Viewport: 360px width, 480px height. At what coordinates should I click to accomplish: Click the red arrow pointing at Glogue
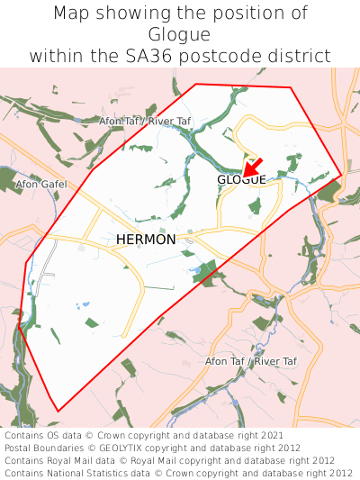[252, 166]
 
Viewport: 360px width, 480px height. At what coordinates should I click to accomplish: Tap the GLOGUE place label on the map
[241, 180]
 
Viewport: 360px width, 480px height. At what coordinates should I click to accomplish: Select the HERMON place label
[146, 240]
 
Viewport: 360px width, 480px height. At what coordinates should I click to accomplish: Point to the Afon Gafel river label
[42, 184]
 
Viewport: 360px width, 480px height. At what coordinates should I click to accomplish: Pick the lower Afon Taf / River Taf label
[251, 361]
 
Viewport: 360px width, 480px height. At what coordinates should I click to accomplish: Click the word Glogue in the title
[180, 34]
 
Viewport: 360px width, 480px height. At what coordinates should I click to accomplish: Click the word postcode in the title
[233, 56]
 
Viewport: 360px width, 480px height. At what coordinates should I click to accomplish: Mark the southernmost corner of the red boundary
[58, 412]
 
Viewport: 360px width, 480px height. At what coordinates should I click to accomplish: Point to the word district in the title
[301, 56]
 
